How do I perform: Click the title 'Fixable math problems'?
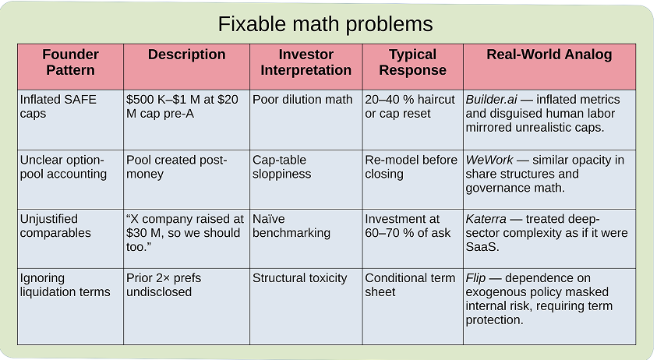(325, 24)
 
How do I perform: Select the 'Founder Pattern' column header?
(70, 62)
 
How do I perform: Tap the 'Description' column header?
(186, 55)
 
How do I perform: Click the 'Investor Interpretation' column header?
(306, 62)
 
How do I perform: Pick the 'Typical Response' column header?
(412, 62)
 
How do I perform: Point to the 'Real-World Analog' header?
(549, 55)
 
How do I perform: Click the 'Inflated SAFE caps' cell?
(54, 107)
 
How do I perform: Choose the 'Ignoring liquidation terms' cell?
(65, 285)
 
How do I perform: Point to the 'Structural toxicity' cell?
(299, 278)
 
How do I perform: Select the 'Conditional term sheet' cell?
(410, 285)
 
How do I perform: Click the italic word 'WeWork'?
(489, 160)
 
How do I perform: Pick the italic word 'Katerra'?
(486, 219)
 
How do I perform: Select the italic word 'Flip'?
(476, 278)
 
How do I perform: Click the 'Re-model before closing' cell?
(411, 167)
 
